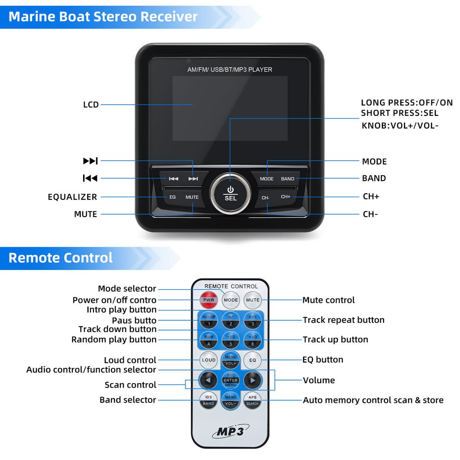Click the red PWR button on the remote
208,300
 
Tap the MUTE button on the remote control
252,300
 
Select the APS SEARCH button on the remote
252,400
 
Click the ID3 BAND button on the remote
208,400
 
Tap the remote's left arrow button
208,380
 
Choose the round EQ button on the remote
252,360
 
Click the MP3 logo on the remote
230,432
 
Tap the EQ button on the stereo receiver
172,197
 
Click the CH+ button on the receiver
286,197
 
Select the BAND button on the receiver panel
287,179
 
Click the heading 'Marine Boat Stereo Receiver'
103,17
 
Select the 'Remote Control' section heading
61,258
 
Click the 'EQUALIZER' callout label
72,197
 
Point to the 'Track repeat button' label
344,320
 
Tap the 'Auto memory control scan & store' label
373,400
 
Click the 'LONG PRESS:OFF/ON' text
407,103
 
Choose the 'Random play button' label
114,340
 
